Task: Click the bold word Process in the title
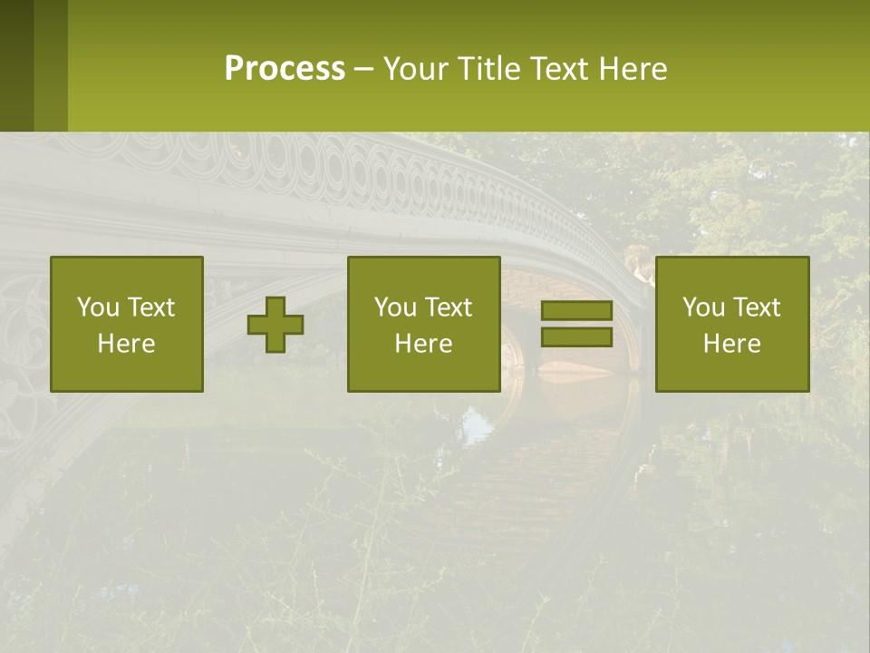click(285, 69)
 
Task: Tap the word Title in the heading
click(488, 69)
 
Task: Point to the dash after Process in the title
click(364, 70)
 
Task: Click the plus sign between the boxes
click(275, 325)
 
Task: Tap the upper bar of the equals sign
click(576, 310)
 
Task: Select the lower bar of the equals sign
click(576, 337)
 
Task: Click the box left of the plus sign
click(127, 324)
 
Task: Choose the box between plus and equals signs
click(424, 324)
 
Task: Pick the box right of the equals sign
click(732, 324)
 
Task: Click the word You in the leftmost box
click(97, 307)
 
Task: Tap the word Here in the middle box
click(424, 344)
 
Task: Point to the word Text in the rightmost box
click(756, 307)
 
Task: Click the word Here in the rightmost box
click(732, 344)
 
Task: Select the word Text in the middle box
click(448, 307)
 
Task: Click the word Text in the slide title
click(560, 69)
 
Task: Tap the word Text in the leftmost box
click(150, 307)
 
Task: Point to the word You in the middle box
click(394, 307)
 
